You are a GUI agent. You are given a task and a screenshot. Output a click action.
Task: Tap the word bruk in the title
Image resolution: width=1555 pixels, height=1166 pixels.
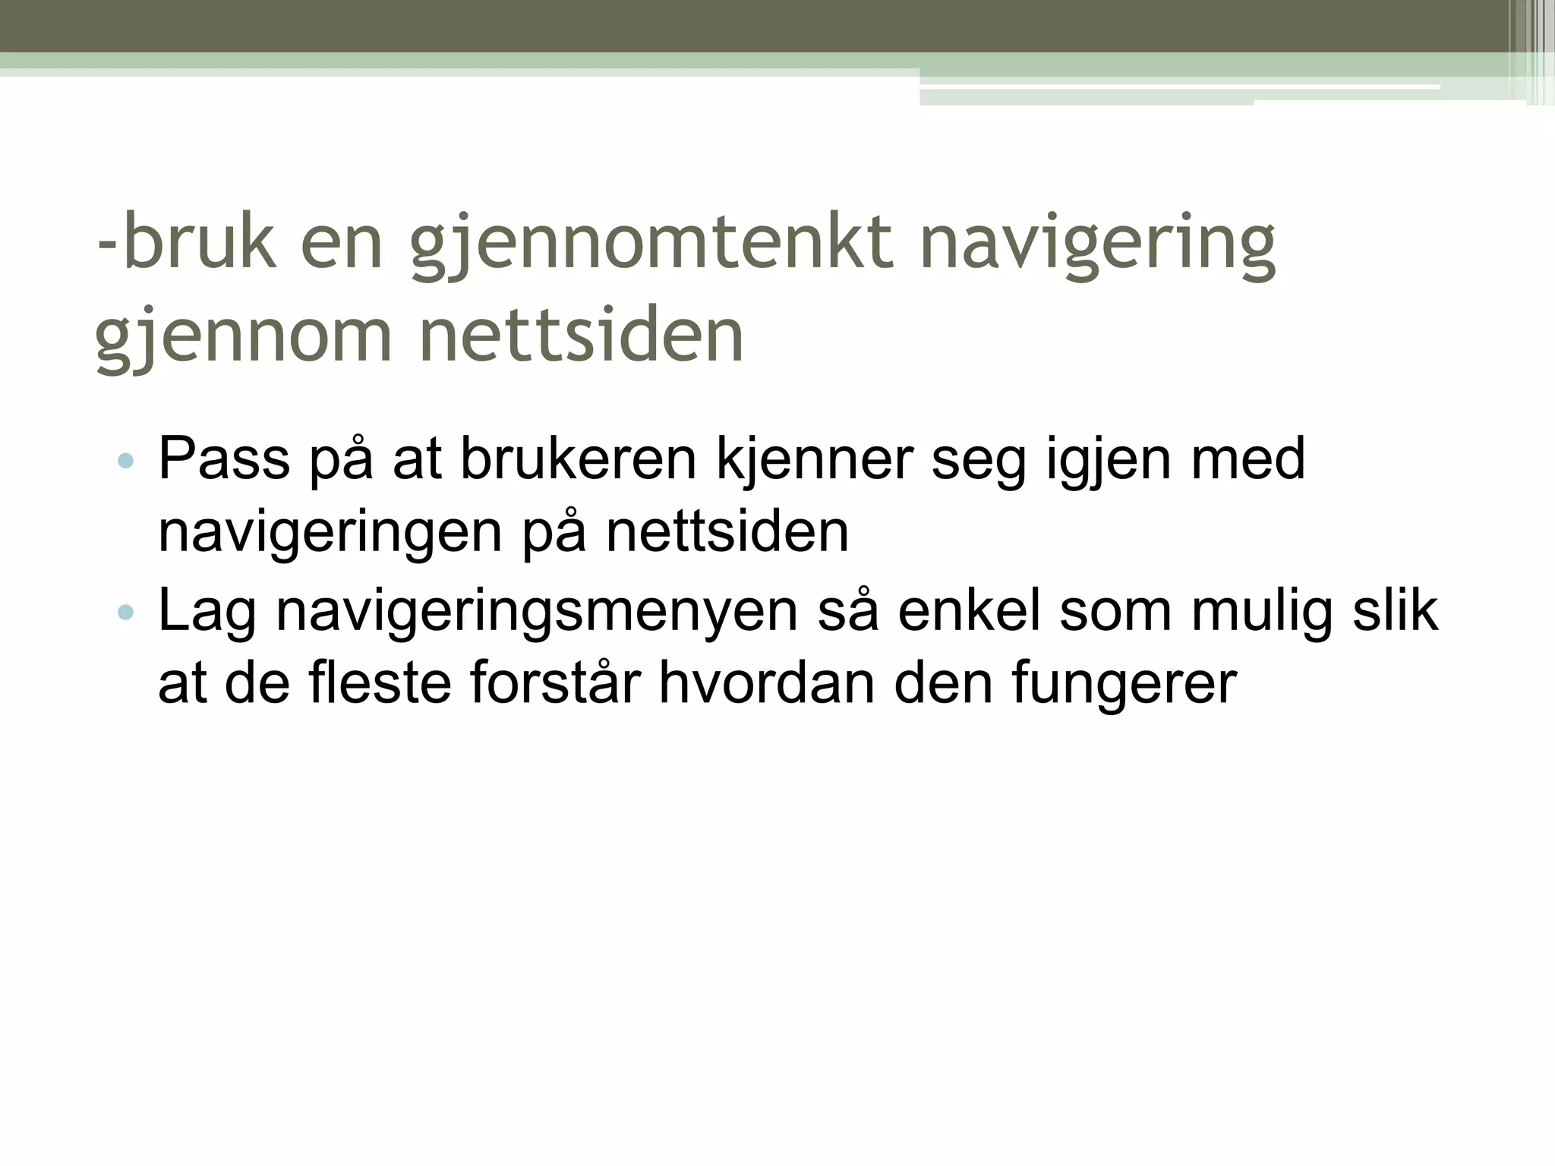[x=199, y=243]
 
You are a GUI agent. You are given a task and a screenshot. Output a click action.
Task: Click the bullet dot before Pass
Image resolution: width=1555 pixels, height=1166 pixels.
[x=126, y=461]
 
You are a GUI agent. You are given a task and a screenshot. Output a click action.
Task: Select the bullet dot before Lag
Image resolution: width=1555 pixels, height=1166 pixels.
[x=126, y=612]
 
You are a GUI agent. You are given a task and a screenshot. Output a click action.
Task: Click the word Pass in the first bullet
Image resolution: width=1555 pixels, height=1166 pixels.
[x=224, y=459]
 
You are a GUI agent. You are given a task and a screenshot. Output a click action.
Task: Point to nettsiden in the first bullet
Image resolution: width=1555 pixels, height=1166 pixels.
[x=727, y=532]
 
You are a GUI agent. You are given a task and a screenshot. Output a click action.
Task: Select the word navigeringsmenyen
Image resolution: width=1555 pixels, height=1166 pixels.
[x=536, y=612]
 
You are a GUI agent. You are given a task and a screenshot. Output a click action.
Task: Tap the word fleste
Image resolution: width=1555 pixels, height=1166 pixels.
[x=380, y=682]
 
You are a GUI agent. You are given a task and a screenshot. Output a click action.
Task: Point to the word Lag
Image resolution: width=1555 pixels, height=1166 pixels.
[x=207, y=612]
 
